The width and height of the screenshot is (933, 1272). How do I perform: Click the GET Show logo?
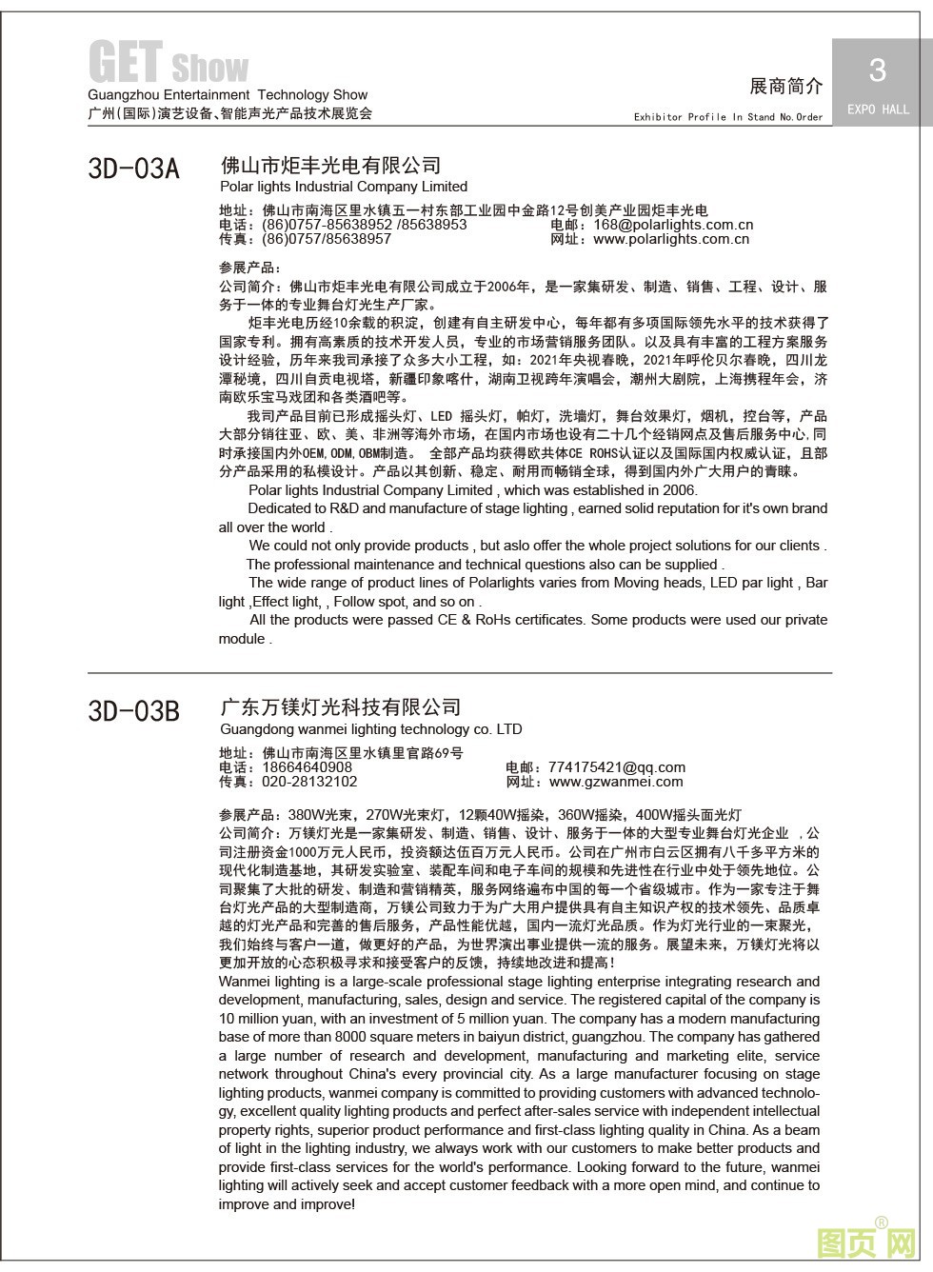click(168, 63)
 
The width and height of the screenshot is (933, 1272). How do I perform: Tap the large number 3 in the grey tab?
click(877, 70)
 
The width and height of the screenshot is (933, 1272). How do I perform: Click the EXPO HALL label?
click(878, 109)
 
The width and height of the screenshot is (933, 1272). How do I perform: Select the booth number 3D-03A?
click(133, 169)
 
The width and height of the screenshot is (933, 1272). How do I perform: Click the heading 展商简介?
click(785, 86)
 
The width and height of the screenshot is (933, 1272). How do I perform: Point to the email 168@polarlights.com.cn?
click(672, 225)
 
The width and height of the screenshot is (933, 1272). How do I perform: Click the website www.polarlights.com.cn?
click(670, 239)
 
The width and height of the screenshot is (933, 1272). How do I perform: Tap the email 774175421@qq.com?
click(617, 767)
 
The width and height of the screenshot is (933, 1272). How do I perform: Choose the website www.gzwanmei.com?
click(616, 782)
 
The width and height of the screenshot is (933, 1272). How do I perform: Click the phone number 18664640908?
click(307, 767)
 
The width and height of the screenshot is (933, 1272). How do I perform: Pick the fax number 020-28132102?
click(309, 782)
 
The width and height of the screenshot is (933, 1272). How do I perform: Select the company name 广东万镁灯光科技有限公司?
click(340, 707)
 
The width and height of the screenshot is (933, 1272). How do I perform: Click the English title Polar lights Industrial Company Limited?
click(343, 187)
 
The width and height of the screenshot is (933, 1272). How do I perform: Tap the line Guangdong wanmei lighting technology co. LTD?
click(370, 729)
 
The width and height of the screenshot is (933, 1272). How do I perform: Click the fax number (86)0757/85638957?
click(326, 239)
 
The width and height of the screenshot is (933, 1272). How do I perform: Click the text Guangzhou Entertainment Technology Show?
click(227, 95)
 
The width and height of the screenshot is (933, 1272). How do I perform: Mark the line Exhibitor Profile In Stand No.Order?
click(728, 117)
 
